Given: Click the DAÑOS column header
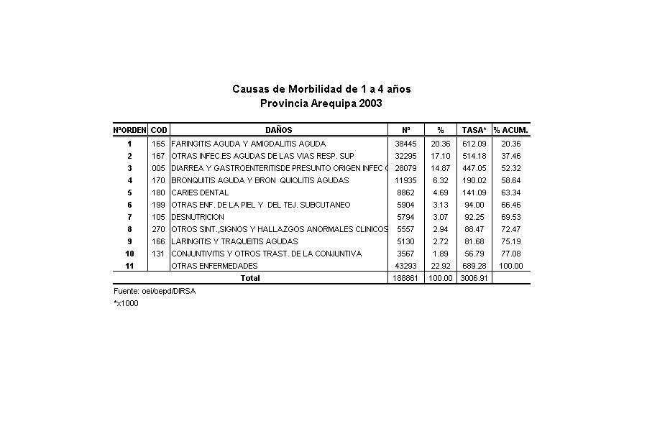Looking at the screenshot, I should click(x=278, y=130).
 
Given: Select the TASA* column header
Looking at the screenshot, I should click(x=474, y=130).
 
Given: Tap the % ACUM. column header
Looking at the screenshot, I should click(x=511, y=130).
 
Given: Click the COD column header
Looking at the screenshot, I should click(x=159, y=130).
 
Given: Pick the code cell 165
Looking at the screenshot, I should click(x=159, y=144).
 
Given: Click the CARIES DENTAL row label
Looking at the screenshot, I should click(x=200, y=193).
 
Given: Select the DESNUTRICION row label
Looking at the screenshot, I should click(x=198, y=217).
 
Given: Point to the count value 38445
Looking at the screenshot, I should click(x=405, y=144).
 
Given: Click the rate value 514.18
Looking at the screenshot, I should click(x=474, y=156).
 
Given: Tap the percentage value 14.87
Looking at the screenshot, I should click(x=441, y=168).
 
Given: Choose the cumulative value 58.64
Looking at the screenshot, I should click(x=511, y=180).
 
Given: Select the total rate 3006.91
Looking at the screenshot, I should click(x=474, y=278).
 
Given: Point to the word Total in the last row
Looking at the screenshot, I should click(x=250, y=278).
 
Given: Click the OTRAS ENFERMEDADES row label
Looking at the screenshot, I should click(x=214, y=266).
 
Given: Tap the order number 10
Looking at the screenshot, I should click(x=129, y=254).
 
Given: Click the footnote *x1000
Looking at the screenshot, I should click(x=126, y=303).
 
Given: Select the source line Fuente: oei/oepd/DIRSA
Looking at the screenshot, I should click(x=155, y=291).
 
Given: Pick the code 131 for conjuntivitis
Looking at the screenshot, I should click(x=159, y=254).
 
